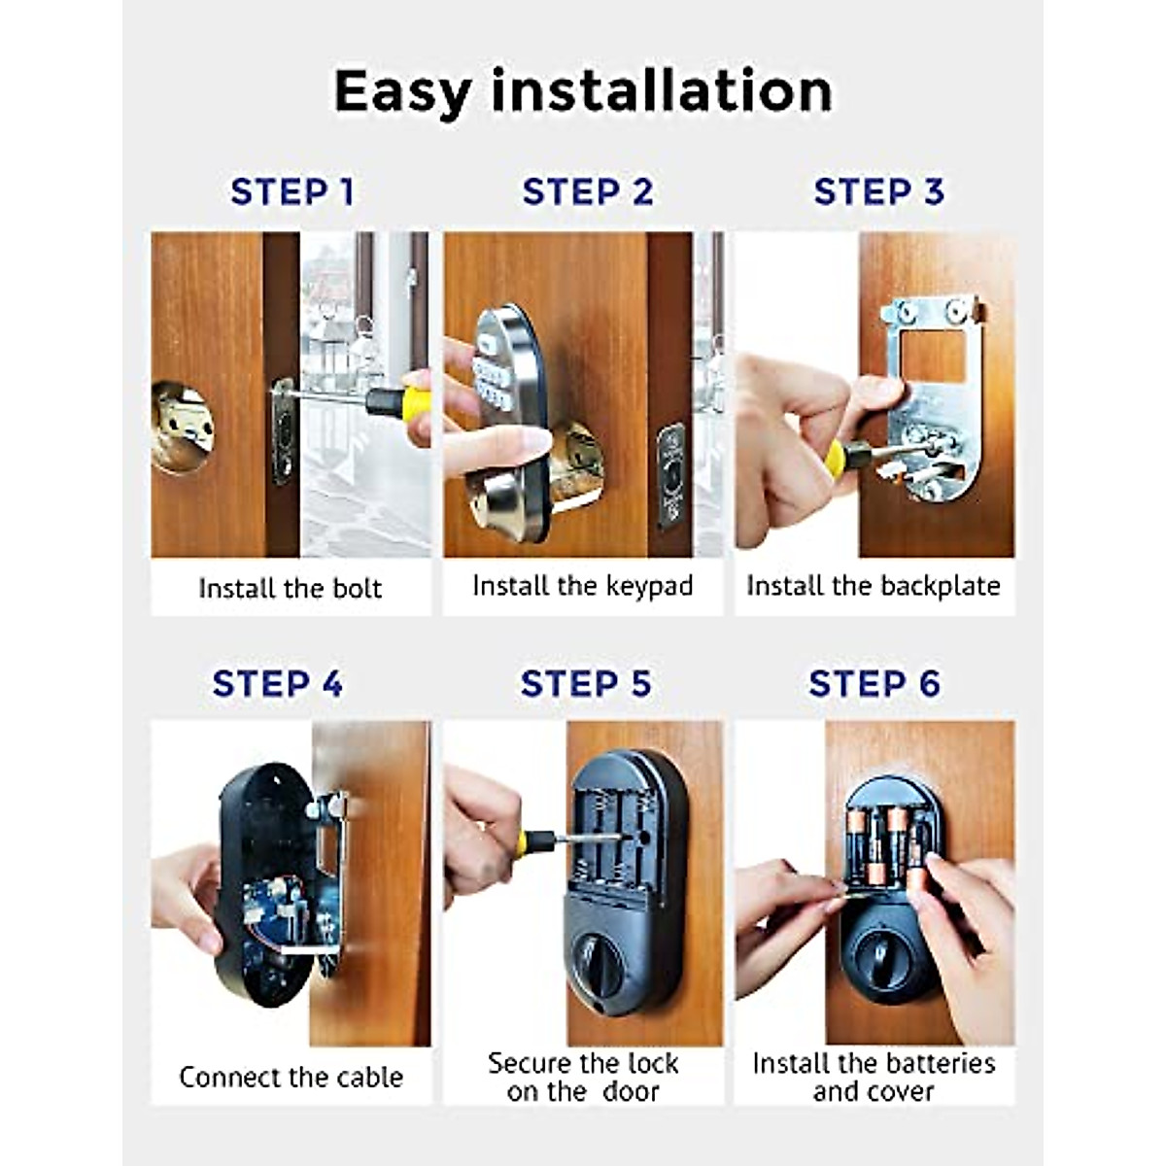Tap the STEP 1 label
(x=291, y=192)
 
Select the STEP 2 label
(x=587, y=192)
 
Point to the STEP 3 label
(x=878, y=192)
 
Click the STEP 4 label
(x=277, y=684)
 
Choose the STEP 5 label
(x=585, y=684)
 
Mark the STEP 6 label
(x=874, y=684)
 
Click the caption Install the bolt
(x=290, y=588)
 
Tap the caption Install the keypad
(x=582, y=586)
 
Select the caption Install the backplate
(x=873, y=586)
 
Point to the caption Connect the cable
(x=291, y=1077)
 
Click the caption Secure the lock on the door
(x=583, y=1077)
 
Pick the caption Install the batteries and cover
(x=874, y=1077)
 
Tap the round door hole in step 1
(x=183, y=427)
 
